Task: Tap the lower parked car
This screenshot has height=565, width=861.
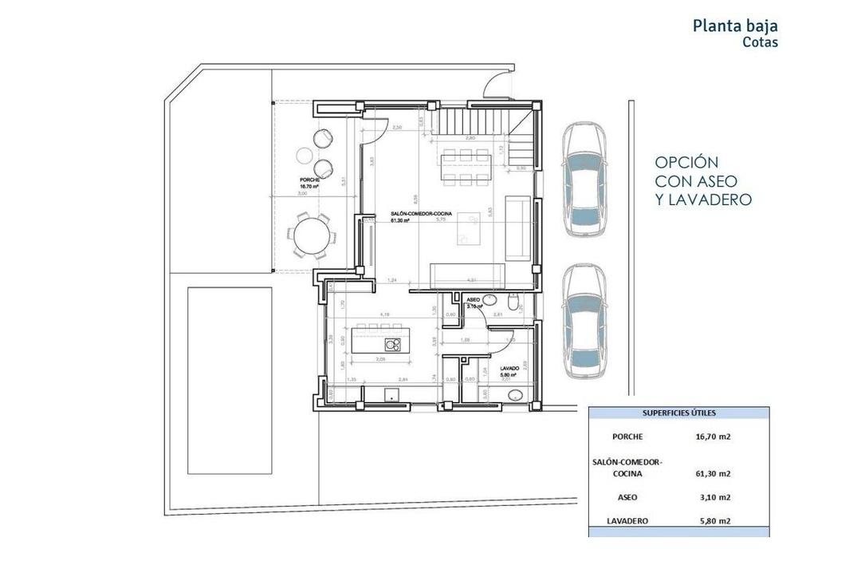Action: (585, 322)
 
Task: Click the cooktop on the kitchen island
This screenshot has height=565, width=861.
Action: (392, 344)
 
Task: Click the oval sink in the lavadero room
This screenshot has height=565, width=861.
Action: (513, 393)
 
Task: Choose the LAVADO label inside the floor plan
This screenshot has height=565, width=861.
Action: (510, 368)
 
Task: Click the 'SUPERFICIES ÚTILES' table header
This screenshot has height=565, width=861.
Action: (679, 413)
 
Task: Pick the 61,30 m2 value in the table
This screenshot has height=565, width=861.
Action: (712, 473)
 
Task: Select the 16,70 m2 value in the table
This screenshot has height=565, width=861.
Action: (712, 437)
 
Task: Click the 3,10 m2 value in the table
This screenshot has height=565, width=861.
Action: (712, 496)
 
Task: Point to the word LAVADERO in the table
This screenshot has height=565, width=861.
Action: (627, 521)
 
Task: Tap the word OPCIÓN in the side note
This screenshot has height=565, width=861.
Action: (686, 162)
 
